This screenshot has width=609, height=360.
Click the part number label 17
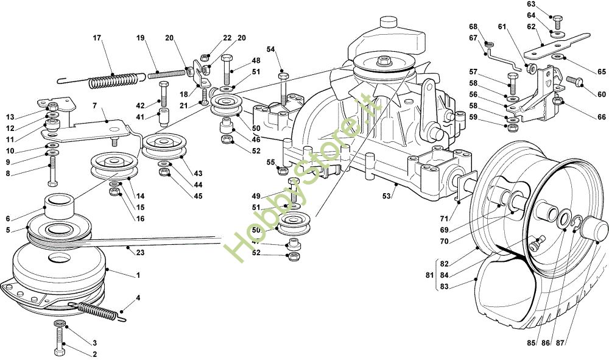[96, 38]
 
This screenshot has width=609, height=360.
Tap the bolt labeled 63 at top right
[556, 17]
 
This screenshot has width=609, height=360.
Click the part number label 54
[270, 49]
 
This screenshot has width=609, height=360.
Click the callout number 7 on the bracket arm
[94, 106]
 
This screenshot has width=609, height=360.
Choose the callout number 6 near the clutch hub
[8, 219]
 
